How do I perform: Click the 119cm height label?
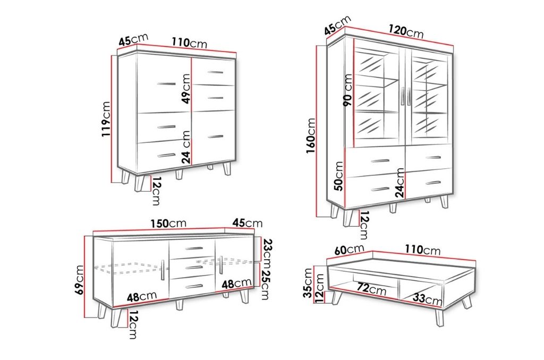pyautogui.click(x=106, y=118)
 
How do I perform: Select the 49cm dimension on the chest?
pyautogui.click(x=186, y=89)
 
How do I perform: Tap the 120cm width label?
pyautogui.click(x=406, y=31)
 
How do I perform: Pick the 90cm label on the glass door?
pyautogui.click(x=347, y=90)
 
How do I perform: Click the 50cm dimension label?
pyautogui.click(x=338, y=176)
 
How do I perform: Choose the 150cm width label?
pyautogui.click(x=168, y=223)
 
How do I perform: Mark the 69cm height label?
pyautogui.click(x=79, y=280)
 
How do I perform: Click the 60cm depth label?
pyautogui.click(x=350, y=250)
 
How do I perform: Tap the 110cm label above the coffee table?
pyautogui.click(x=422, y=250)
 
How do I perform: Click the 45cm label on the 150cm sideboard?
pyautogui.click(x=248, y=222)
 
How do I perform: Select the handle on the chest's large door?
pyautogui.click(x=166, y=83)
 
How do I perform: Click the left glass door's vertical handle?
pyautogui.click(x=403, y=96)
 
